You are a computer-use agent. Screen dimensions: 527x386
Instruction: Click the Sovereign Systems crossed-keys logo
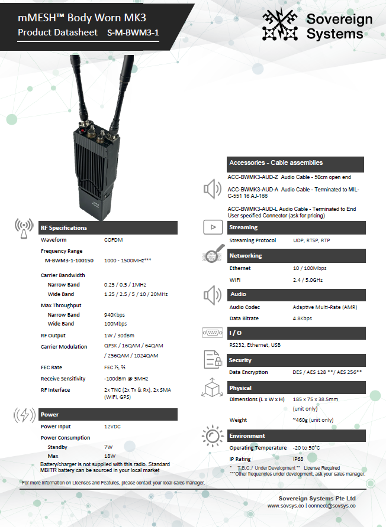pyautogui.click(x=281, y=25)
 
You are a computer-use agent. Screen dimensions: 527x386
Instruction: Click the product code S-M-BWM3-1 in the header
pyautogui.click(x=133, y=33)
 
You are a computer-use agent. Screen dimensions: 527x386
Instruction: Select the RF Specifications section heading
pyautogui.click(x=63, y=227)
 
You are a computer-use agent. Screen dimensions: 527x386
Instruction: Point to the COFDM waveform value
pyautogui.click(x=114, y=240)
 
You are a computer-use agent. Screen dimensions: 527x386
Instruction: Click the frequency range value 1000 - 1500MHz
pyautogui.click(x=127, y=260)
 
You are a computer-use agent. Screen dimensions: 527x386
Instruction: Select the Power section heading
pyautogui.click(x=50, y=414)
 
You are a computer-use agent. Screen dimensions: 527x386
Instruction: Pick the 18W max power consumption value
pyautogui.click(x=110, y=457)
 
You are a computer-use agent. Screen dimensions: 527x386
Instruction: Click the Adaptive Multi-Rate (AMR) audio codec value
pyautogui.click(x=325, y=307)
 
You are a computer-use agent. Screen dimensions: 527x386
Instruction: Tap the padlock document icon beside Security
pyautogui.click(x=212, y=359)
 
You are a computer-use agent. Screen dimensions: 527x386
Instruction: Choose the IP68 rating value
pyautogui.click(x=300, y=459)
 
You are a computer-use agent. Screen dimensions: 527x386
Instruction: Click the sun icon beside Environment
pyautogui.click(x=211, y=436)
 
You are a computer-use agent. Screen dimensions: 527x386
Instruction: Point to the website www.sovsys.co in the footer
pyautogui.click(x=285, y=506)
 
